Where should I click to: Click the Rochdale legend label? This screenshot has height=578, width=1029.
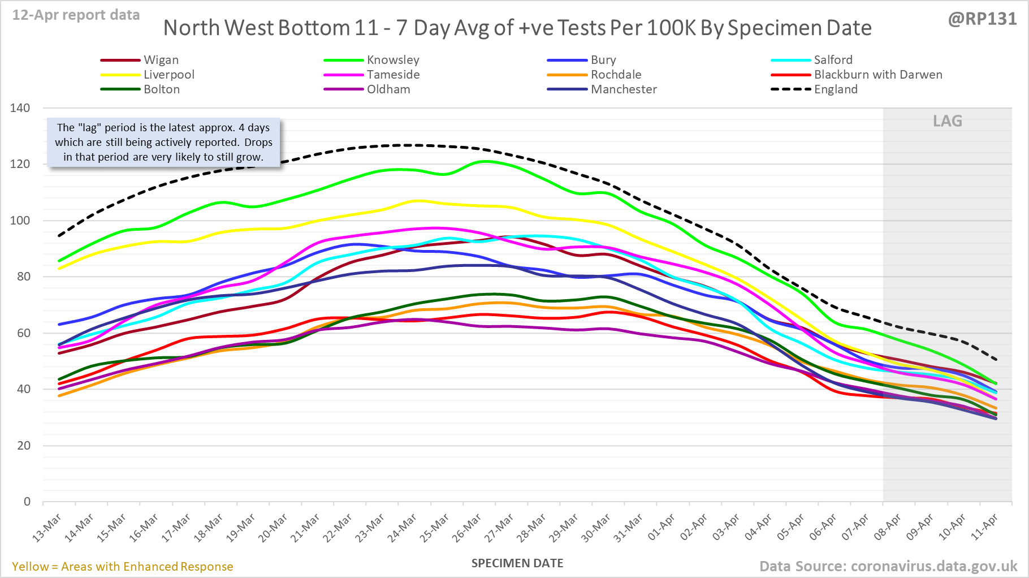(x=616, y=75)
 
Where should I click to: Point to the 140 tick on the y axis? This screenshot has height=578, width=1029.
(x=20, y=108)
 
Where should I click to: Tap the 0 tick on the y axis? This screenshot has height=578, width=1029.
(x=27, y=502)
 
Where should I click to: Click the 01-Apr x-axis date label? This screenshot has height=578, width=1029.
(x=661, y=528)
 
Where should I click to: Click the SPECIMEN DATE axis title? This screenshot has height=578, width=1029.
(x=517, y=563)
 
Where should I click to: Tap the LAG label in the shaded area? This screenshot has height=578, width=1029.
(x=947, y=121)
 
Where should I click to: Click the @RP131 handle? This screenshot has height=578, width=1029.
(x=982, y=19)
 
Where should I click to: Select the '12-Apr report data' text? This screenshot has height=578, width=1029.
(x=76, y=15)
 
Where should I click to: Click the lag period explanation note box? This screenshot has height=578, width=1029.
(x=163, y=143)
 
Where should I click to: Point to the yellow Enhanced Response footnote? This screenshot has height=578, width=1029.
(x=123, y=567)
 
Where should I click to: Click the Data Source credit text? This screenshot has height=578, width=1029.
(x=888, y=566)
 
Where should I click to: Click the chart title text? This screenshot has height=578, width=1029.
(x=517, y=28)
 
